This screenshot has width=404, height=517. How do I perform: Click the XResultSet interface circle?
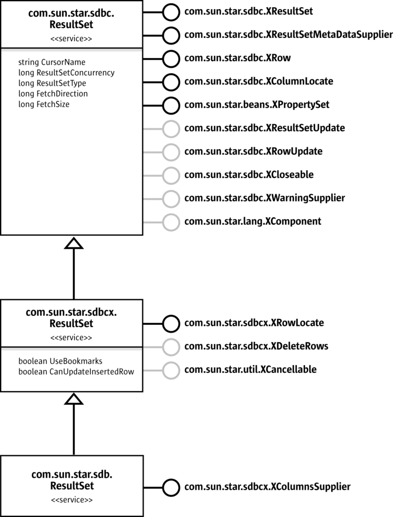[172, 11]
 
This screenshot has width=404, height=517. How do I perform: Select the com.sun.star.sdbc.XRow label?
[237, 58]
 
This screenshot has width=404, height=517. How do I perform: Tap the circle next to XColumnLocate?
[172, 81]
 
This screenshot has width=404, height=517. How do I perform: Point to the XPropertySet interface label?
[257, 105]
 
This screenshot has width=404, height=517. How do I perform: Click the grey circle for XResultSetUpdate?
[172, 128]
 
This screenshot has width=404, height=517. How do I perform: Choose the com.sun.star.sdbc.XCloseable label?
[249, 175]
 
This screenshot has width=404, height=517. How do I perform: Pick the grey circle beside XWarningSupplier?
[172, 198]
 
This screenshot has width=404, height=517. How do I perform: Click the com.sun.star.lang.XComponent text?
[252, 221]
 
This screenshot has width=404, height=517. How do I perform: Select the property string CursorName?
[52, 62]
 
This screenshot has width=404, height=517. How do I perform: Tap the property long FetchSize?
[44, 104]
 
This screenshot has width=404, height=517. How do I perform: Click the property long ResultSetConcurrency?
[67, 73]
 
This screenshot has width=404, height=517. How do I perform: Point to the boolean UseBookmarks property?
[61, 362]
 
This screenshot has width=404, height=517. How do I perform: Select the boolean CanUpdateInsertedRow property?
[79, 372]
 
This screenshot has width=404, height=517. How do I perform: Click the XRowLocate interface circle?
[172, 323]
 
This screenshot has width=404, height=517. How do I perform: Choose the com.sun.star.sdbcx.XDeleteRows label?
[257, 346]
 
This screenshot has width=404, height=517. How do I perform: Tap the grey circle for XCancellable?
[172, 370]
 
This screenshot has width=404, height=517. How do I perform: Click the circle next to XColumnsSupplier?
[172, 487]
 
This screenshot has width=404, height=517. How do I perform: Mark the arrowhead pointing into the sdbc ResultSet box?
[74, 244]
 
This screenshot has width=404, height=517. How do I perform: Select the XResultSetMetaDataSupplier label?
[288, 34]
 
